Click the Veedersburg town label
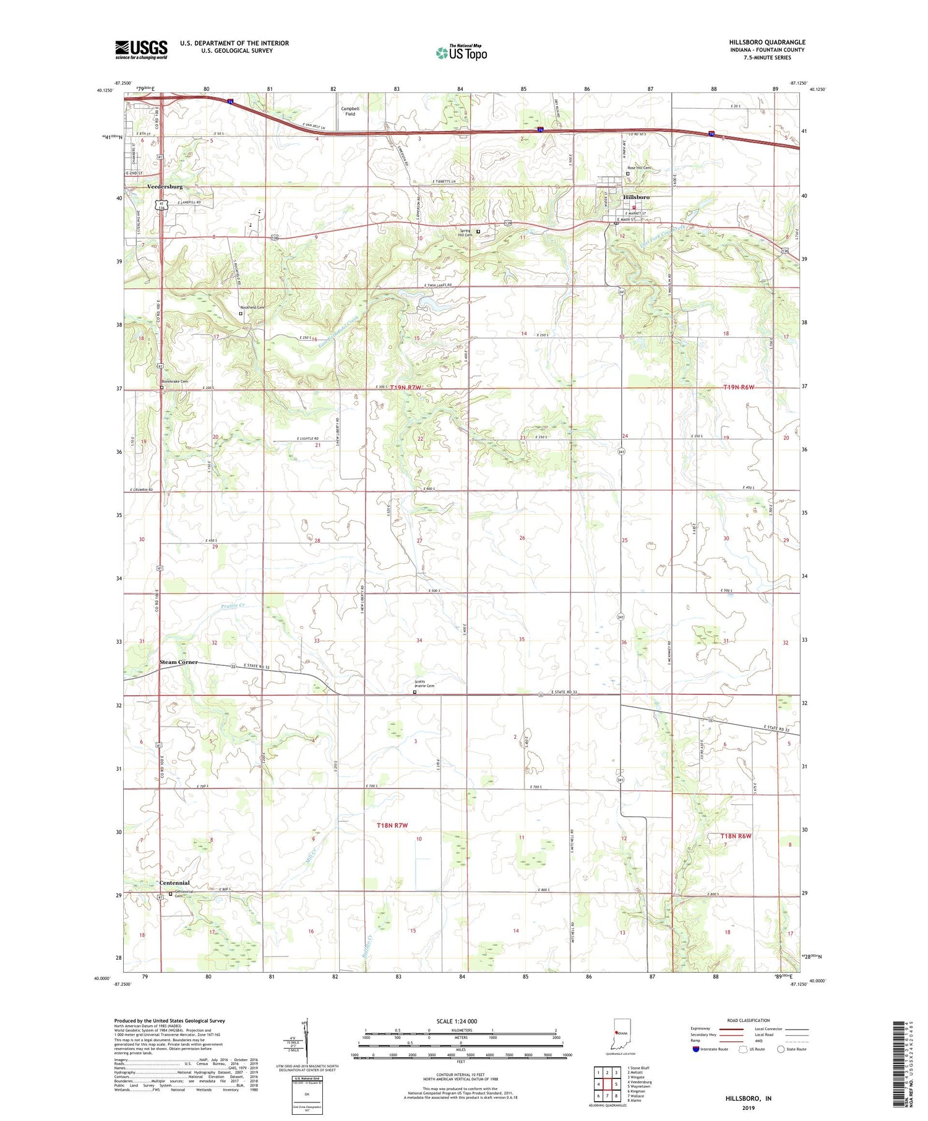point(165,186)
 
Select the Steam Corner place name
point(179,662)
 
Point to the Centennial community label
point(174,882)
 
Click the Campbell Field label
point(350,111)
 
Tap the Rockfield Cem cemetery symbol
point(241,313)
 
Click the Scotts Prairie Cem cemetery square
point(415,693)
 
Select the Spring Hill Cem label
point(465,233)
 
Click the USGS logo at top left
point(141,49)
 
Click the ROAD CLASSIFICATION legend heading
point(749,1020)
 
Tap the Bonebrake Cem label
point(175,381)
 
